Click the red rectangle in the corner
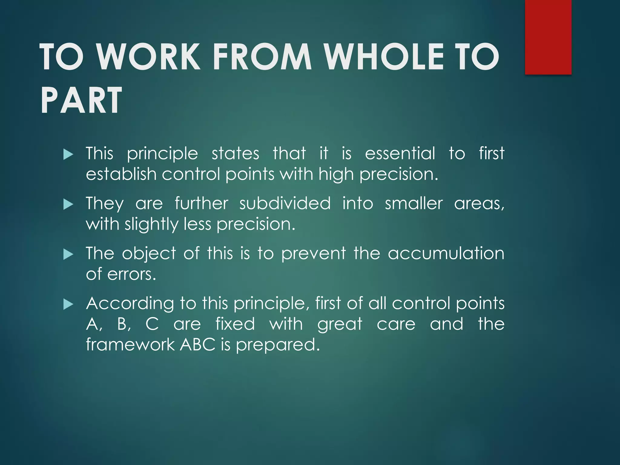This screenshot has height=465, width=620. (x=548, y=37)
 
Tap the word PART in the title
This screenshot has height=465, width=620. (x=81, y=100)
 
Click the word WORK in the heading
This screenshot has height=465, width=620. (x=149, y=57)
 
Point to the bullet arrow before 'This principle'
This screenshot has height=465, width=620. (x=68, y=155)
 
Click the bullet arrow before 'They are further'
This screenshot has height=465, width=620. (x=68, y=205)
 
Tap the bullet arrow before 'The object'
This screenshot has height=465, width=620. (x=68, y=254)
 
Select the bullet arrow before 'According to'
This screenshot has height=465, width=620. (x=68, y=304)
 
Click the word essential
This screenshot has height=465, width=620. (x=400, y=153)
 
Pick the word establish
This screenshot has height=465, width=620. (x=121, y=174)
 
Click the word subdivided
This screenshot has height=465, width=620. (x=285, y=203)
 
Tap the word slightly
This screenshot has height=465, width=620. (x=152, y=225)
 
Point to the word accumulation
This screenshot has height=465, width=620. (x=446, y=253)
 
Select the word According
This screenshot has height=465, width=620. (x=130, y=303)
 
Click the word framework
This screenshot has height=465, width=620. (x=130, y=345)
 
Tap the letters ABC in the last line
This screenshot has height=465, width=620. (x=198, y=345)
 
